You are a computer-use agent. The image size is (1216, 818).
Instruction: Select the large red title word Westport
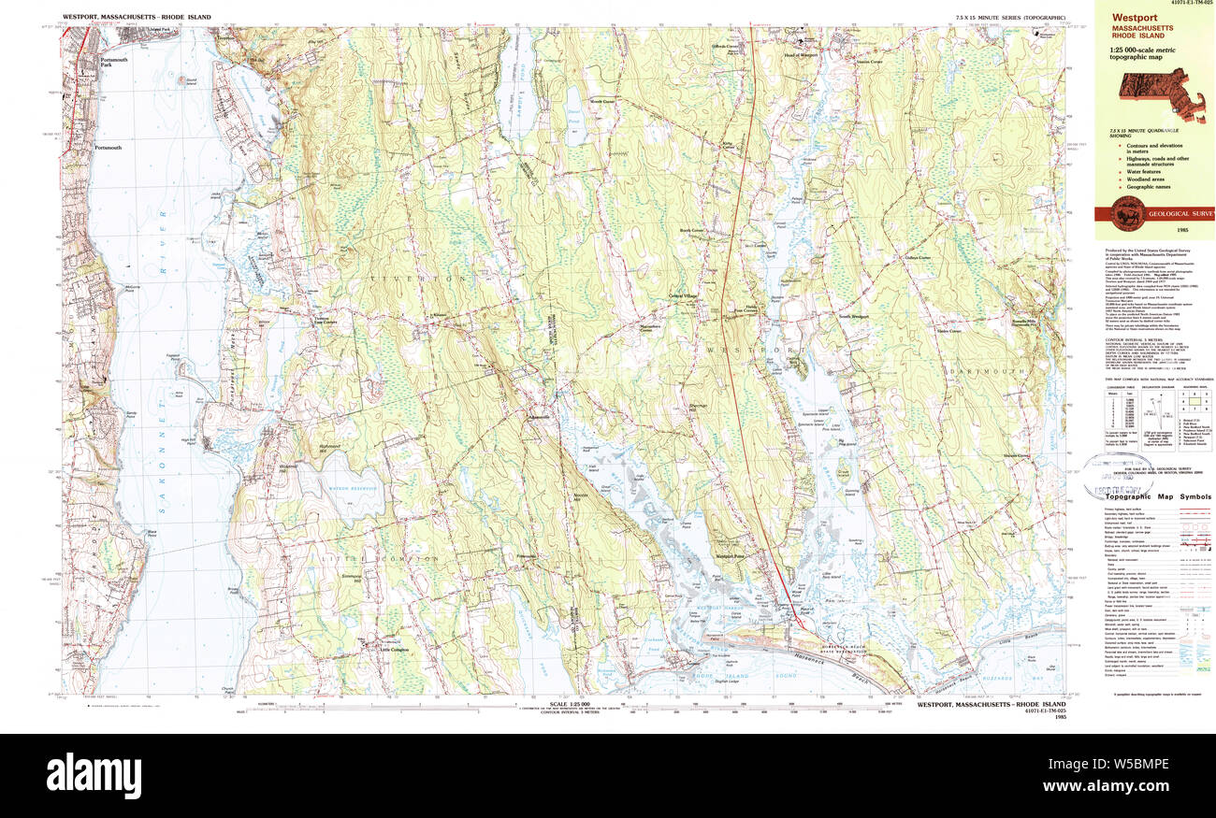[x=1134, y=17]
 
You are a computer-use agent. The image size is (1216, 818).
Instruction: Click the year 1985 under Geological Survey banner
[x=1155, y=232]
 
